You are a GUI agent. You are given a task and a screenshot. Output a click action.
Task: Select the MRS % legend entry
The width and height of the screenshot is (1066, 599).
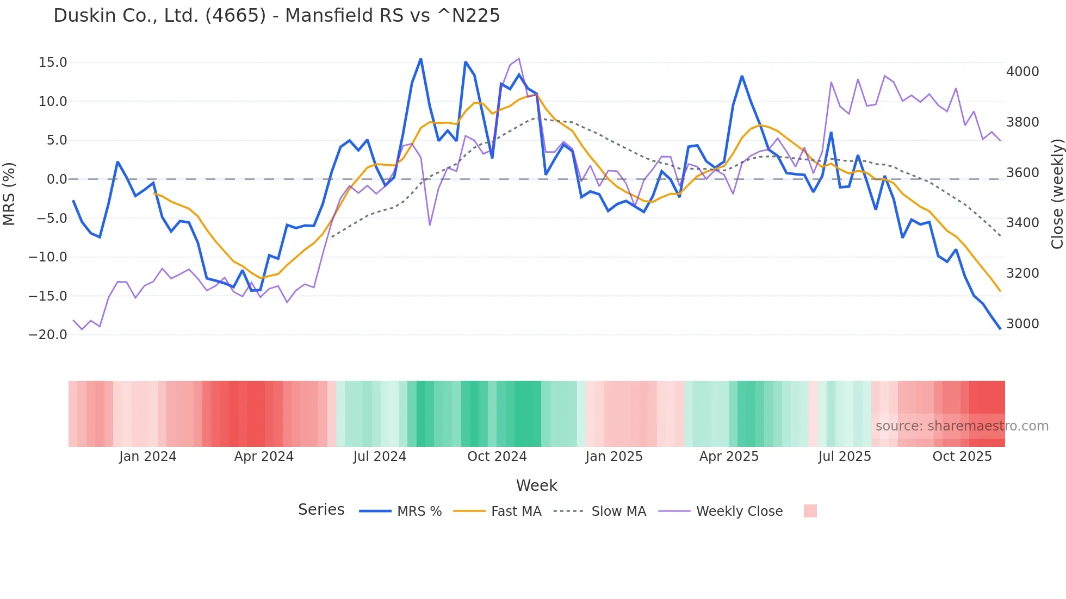(419, 511)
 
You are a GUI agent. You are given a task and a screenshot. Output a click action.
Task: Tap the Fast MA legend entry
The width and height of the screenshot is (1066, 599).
(516, 511)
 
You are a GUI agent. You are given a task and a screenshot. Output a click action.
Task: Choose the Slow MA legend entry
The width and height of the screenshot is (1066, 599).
(618, 511)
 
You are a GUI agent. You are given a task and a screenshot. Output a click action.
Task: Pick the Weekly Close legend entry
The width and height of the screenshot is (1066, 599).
(739, 511)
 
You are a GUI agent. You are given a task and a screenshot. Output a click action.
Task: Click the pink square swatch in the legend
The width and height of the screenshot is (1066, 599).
(810, 511)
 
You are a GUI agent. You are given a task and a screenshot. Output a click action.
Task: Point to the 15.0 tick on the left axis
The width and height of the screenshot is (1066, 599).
(53, 63)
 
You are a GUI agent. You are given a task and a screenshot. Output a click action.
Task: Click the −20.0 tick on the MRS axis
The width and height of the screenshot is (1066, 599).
(48, 335)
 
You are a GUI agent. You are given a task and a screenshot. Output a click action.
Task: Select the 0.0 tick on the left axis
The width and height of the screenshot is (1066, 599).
(57, 179)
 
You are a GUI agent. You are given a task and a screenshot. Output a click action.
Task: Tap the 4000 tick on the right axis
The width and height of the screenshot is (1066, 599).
(1022, 72)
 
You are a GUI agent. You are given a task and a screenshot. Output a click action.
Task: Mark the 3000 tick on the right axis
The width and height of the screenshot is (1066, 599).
(1022, 324)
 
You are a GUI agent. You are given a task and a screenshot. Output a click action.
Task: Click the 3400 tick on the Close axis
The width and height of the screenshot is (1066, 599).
(1022, 223)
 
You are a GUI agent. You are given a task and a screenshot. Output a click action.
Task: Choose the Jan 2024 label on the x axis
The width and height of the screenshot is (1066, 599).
(147, 457)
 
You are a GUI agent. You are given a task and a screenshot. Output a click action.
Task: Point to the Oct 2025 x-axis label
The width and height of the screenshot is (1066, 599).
(962, 457)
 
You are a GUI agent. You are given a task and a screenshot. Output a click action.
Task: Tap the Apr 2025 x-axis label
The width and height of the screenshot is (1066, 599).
(729, 457)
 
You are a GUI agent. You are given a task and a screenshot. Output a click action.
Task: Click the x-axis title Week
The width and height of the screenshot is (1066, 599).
(536, 485)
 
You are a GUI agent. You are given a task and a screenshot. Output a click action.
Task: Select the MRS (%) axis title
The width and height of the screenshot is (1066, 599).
(9, 194)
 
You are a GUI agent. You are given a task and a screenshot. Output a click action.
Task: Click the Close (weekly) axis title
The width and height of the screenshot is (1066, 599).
(1057, 194)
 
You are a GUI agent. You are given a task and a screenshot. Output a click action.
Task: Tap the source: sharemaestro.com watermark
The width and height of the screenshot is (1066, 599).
(962, 426)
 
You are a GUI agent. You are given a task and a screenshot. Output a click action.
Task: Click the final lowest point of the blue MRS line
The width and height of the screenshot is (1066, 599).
(1000, 328)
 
